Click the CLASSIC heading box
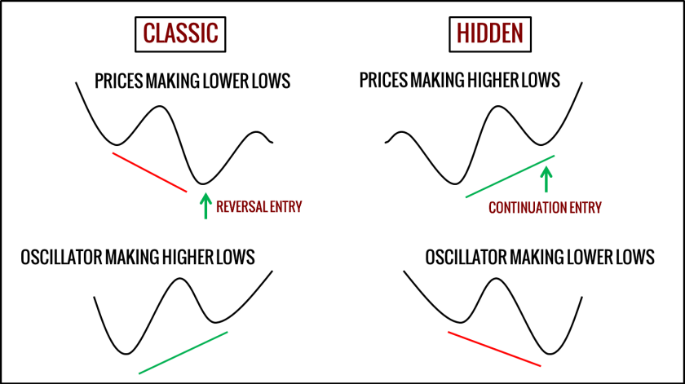(180, 33)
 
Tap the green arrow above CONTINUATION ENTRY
(546, 178)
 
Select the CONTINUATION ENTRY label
(545, 208)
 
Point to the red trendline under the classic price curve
(150, 171)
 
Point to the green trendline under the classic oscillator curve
(183, 352)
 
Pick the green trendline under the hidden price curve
(510, 176)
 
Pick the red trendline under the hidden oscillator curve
(494, 348)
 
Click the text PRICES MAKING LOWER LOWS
(192, 82)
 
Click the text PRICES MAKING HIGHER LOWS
(459, 81)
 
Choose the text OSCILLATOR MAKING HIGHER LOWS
(138, 258)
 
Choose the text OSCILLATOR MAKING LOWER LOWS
(540, 258)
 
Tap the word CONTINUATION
(528, 208)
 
